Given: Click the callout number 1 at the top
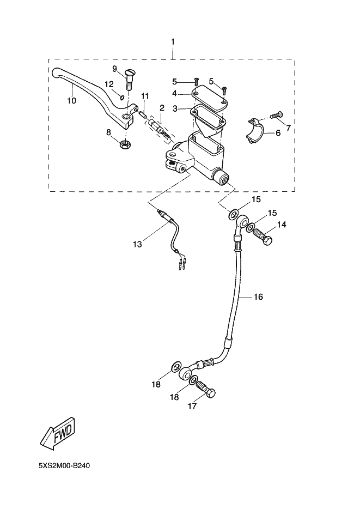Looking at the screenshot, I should point(173,42).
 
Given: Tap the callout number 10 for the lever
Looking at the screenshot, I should point(71,100).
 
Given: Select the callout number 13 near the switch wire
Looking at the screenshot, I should point(137,245).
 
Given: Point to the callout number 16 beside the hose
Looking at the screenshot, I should point(258,297).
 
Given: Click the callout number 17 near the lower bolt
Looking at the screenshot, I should point(192,406).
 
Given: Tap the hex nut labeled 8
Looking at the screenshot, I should point(125,144).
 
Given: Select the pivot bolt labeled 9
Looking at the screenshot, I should point(129,80).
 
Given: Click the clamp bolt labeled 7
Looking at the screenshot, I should point(276,115).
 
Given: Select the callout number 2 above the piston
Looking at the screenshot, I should point(162,108).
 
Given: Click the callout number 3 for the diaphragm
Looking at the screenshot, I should point(175,109).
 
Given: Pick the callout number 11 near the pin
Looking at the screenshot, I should point(145,96).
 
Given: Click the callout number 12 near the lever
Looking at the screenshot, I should point(109,84).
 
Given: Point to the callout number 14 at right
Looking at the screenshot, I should point(282,224).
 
